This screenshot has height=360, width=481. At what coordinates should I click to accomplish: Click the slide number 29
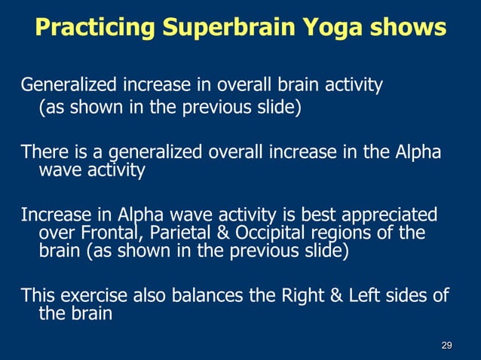tap(446, 345)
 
